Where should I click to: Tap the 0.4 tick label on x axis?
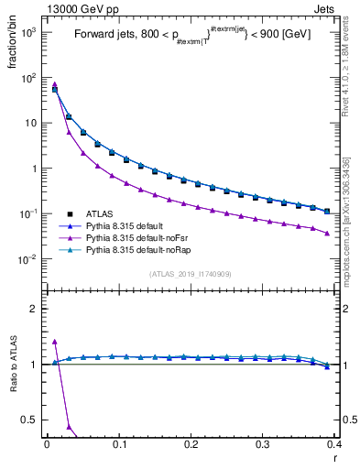pos(334,445)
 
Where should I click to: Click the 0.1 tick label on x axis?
pos(118,445)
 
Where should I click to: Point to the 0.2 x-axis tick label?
pos(191,445)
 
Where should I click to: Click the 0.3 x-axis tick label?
pos(263,445)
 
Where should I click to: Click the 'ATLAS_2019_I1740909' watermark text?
pos(190,274)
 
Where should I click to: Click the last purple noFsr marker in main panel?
pos(327,233)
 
